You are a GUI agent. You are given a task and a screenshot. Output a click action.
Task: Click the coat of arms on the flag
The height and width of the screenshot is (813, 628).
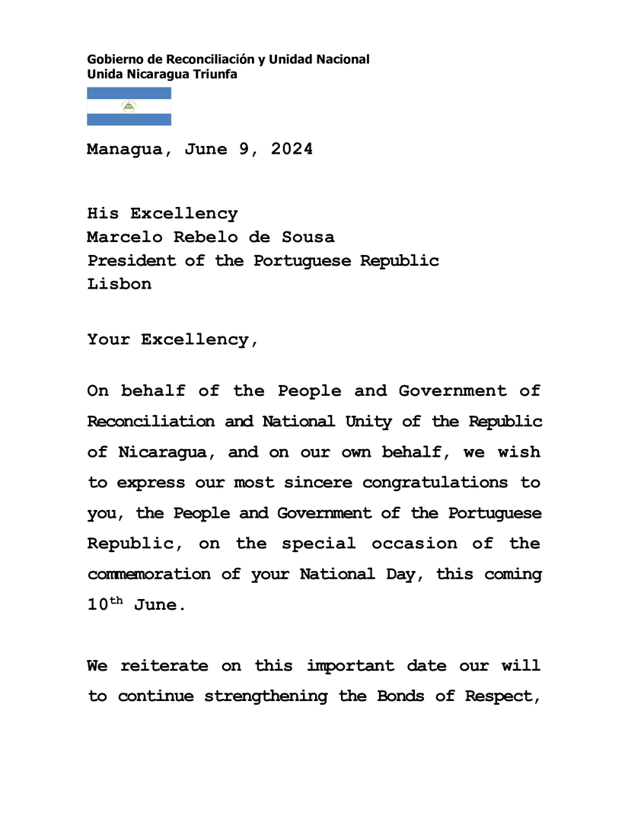click(x=129, y=107)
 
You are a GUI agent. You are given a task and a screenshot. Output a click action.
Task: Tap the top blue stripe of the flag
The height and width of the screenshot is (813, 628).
click(x=129, y=93)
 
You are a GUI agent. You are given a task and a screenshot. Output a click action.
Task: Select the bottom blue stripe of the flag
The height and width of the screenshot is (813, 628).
click(x=129, y=120)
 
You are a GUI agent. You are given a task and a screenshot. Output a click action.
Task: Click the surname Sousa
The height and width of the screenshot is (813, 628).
click(x=308, y=237)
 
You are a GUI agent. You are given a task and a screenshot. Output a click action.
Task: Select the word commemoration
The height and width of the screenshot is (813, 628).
click(x=148, y=574)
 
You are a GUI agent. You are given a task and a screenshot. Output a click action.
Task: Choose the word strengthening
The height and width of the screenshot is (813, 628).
click(x=266, y=697)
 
